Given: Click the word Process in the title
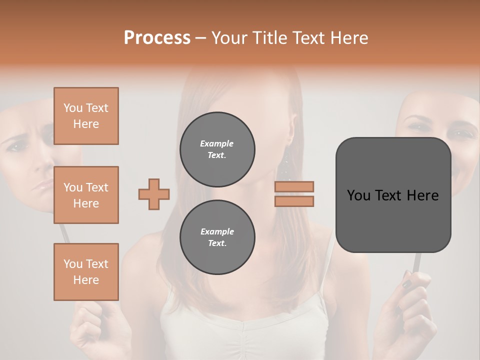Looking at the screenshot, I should (x=157, y=37).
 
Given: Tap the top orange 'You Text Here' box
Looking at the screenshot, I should (x=86, y=116).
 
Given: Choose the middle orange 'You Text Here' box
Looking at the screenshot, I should (x=86, y=195).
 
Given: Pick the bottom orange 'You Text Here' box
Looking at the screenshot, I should (x=86, y=271).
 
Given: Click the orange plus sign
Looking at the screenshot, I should (x=154, y=194).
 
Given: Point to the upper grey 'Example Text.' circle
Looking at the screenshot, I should (x=217, y=149).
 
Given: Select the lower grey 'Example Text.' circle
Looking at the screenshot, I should (x=217, y=237).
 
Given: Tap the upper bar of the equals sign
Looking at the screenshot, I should (x=294, y=186).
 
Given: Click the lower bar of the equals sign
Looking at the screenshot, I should (x=294, y=201).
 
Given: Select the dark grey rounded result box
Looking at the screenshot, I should (x=393, y=195).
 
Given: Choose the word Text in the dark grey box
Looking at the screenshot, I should (x=393, y=195).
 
